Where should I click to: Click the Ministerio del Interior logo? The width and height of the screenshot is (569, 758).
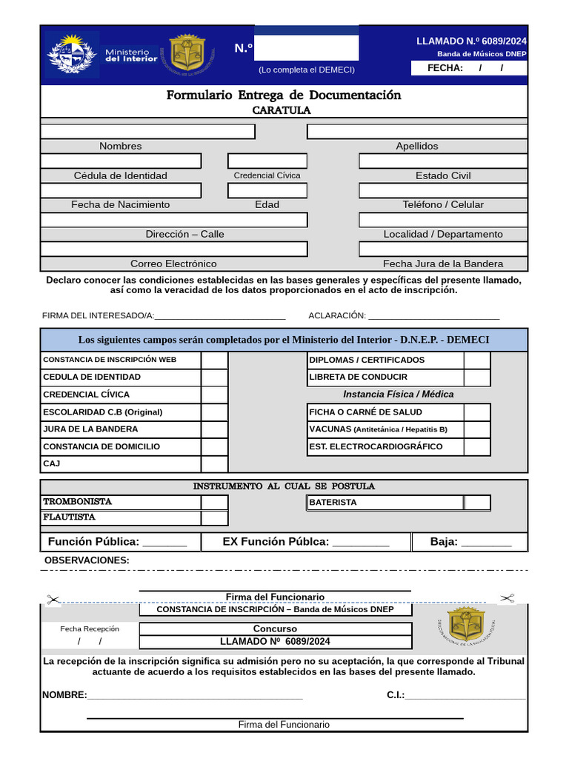point(72,54)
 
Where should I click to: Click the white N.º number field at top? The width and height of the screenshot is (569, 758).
point(307,48)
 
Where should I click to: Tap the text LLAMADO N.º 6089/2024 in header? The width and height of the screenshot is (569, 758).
point(471,41)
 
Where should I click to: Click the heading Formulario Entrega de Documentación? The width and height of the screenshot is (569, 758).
point(284,95)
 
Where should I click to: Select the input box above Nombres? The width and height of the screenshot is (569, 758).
point(147,132)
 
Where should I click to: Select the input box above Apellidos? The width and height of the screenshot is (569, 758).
point(417,132)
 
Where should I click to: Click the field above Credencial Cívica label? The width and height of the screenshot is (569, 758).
point(267,161)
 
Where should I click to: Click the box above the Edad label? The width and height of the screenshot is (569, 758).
point(267,190)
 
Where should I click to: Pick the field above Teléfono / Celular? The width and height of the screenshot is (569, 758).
point(443,190)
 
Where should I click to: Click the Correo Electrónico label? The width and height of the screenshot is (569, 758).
point(173,264)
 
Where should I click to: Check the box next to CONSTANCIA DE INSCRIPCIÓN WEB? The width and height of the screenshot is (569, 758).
point(214,360)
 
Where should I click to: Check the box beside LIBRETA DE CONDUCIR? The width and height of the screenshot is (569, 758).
point(477,378)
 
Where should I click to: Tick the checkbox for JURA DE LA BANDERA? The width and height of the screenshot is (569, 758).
point(214,429)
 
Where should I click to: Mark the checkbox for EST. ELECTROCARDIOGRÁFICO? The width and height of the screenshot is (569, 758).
point(477,447)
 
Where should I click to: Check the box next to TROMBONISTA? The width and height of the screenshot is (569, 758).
point(214,502)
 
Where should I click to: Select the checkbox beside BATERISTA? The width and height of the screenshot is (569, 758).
point(477,503)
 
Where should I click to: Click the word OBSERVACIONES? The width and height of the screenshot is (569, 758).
point(87,560)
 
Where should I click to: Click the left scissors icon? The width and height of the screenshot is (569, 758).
point(53,600)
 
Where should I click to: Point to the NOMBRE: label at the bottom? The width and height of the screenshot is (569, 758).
point(64,695)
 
